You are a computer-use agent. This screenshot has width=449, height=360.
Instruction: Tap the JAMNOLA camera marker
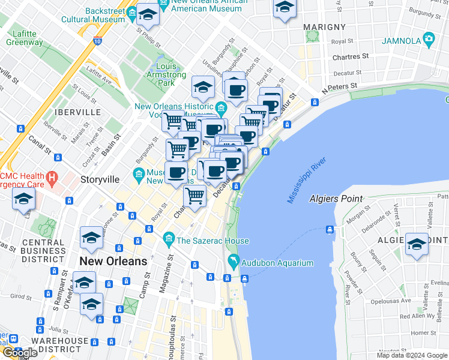pyautogui.click(x=429, y=40)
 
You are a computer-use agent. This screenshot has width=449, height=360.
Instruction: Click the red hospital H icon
pyautogui.click(x=52, y=178)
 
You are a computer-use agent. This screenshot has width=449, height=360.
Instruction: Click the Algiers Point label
pyautogui.click(x=336, y=199)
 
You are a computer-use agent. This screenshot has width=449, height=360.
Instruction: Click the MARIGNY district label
pyautogui.click(x=324, y=27)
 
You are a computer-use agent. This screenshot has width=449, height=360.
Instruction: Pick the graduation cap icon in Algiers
pyautogui.click(x=417, y=244)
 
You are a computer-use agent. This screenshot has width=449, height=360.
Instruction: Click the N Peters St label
pyautogui.click(x=340, y=88)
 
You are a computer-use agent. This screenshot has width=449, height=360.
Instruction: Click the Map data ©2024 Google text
pyautogui.click(x=412, y=355)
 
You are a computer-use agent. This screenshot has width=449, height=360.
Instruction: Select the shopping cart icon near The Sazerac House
pyautogui.click(x=194, y=196)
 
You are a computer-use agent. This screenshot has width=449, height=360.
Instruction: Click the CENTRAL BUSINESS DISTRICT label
pyautogui.click(x=43, y=251)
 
